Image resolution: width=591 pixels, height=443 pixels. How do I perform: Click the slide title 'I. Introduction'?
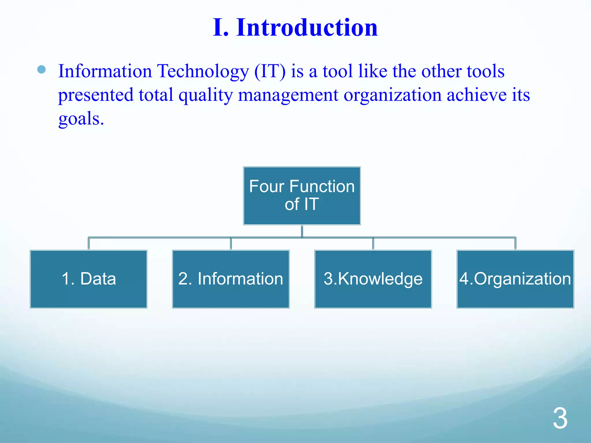[295, 27]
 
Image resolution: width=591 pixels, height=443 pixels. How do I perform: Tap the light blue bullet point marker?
[42, 70]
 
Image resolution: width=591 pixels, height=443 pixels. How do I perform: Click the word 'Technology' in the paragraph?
[203, 71]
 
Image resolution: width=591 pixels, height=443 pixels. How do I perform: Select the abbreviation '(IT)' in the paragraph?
[270, 71]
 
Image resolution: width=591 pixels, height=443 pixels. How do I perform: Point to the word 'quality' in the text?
[205, 95]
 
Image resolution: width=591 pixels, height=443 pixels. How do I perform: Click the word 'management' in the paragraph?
[288, 95]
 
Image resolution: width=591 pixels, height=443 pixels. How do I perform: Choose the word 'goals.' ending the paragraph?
[81, 119]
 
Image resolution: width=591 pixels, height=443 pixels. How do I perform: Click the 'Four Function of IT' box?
[302, 196]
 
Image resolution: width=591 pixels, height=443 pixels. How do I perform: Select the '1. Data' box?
[89, 279]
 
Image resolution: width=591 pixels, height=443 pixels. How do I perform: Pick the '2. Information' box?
[231, 279]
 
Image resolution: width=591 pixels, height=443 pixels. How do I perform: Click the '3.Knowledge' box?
[373, 279]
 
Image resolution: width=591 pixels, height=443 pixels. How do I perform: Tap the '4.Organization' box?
[515, 279]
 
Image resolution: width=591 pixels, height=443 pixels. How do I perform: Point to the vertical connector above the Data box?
[89, 244]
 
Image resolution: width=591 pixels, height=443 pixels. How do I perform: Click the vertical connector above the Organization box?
[515, 244]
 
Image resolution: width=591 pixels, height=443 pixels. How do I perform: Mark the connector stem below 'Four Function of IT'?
[302, 231]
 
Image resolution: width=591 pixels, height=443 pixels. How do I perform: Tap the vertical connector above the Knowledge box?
[373, 244]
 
